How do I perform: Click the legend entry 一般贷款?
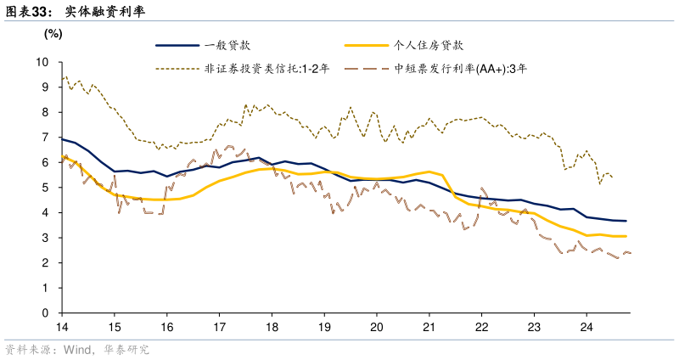coord(227,45)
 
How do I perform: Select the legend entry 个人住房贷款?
coord(429,45)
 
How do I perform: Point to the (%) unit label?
coord(53,33)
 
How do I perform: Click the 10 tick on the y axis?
coord(42,62)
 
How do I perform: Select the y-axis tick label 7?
coord(45,138)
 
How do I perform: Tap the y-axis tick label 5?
coord(45,188)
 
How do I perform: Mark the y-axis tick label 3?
coord(45,238)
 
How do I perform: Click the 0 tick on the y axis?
coord(45,313)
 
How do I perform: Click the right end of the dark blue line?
coord(626,221)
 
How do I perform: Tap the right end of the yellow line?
coord(626,236)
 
